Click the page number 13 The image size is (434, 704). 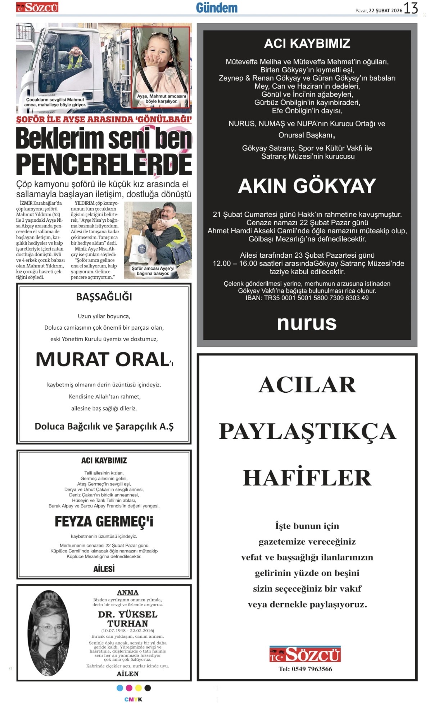411,8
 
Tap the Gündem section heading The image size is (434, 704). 217,8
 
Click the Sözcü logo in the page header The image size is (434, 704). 37,7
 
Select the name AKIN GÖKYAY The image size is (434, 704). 307,186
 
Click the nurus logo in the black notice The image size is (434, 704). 307,323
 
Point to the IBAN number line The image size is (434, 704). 307,298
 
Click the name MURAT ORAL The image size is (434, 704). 103,359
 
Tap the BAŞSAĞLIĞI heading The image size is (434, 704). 104,297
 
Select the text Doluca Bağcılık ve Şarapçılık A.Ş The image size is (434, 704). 104,427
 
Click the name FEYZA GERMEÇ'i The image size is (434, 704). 104,522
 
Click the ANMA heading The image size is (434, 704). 127,592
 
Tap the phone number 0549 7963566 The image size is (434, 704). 306,669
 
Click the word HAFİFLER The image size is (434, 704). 307,478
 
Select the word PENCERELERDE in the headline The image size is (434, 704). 104,164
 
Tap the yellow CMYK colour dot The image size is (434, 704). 138,688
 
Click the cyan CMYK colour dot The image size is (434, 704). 120,688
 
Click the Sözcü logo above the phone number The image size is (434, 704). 305,654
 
